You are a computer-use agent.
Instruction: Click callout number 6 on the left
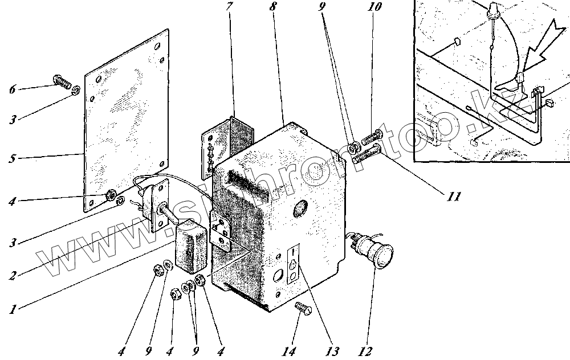click(13, 89)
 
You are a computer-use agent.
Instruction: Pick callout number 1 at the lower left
click(12, 310)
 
